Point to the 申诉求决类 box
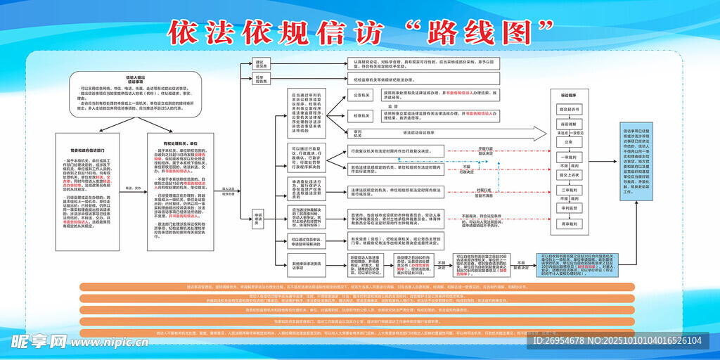point(258,218)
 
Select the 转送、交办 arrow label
point(134,188)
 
